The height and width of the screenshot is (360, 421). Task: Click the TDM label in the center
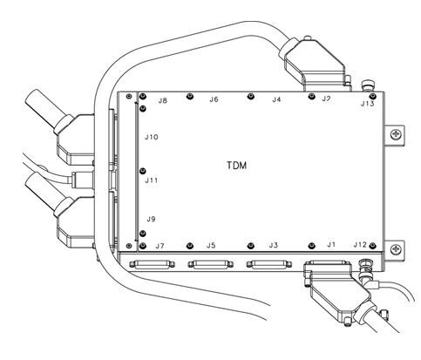pyautogui.click(x=237, y=166)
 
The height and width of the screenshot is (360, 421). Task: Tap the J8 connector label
pyautogui.click(x=163, y=101)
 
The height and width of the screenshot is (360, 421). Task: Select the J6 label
pyautogui.click(x=214, y=99)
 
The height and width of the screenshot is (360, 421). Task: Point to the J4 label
pyautogui.click(x=276, y=99)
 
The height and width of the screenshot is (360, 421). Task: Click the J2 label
pyautogui.click(x=326, y=98)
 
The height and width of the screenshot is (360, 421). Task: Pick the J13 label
pyautogui.click(x=368, y=104)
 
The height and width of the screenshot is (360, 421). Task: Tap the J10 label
pyautogui.click(x=152, y=137)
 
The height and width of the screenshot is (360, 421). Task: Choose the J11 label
pyautogui.click(x=152, y=180)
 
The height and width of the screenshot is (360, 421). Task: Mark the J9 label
pyautogui.click(x=151, y=219)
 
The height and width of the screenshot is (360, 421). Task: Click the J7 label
pyautogui.click(x=160, y=247)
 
